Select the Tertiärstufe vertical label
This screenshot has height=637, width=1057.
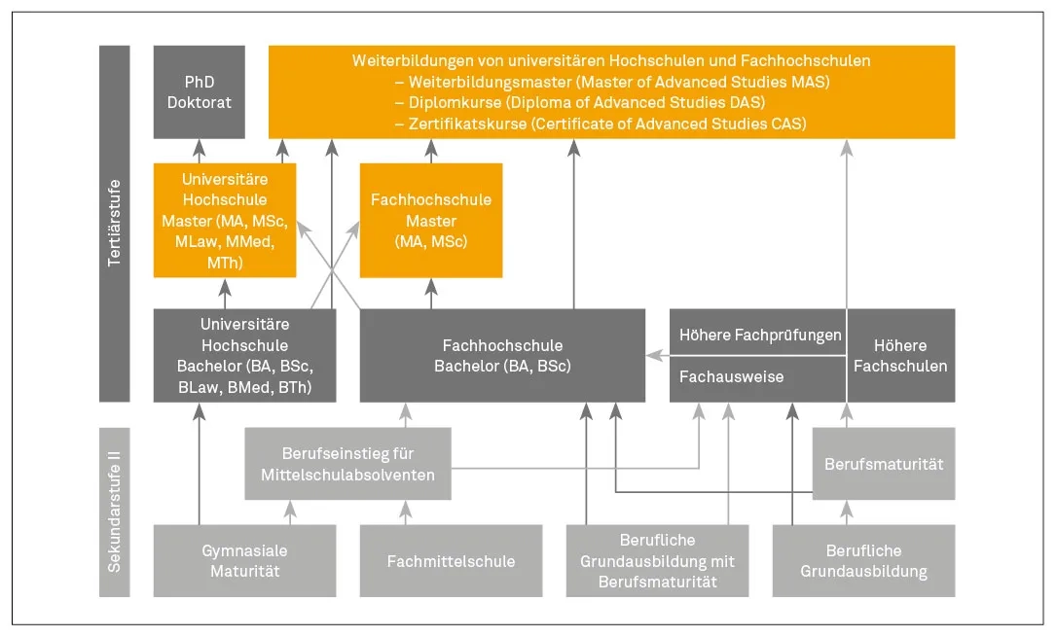pos(115,224)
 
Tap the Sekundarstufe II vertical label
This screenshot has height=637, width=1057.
pos(115,512)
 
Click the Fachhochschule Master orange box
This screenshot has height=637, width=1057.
pos(431,220)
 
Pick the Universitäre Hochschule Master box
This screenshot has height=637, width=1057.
pos(225,220)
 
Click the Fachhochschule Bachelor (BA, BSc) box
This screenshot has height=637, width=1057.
pos(502,356)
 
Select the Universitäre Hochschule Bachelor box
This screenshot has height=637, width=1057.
pos(244,356)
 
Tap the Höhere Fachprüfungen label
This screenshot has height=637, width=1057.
pos(759,336)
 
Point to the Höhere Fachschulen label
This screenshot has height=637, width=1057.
pos(900,356)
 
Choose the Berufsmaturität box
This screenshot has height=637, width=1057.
pos(884,464)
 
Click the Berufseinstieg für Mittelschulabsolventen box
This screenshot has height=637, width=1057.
pos(347,464)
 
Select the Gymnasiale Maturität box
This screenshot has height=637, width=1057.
pos(244,561)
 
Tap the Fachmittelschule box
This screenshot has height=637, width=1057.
pos(451,561)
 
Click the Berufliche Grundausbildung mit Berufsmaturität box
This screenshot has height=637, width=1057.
pos(657,561)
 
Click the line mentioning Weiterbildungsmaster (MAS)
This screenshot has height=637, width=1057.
pos(611,81)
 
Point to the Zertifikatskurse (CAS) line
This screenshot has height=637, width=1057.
pos(600,124)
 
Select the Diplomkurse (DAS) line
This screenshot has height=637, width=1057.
pos(580,102)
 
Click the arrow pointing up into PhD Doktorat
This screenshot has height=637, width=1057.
pos(199,149)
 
